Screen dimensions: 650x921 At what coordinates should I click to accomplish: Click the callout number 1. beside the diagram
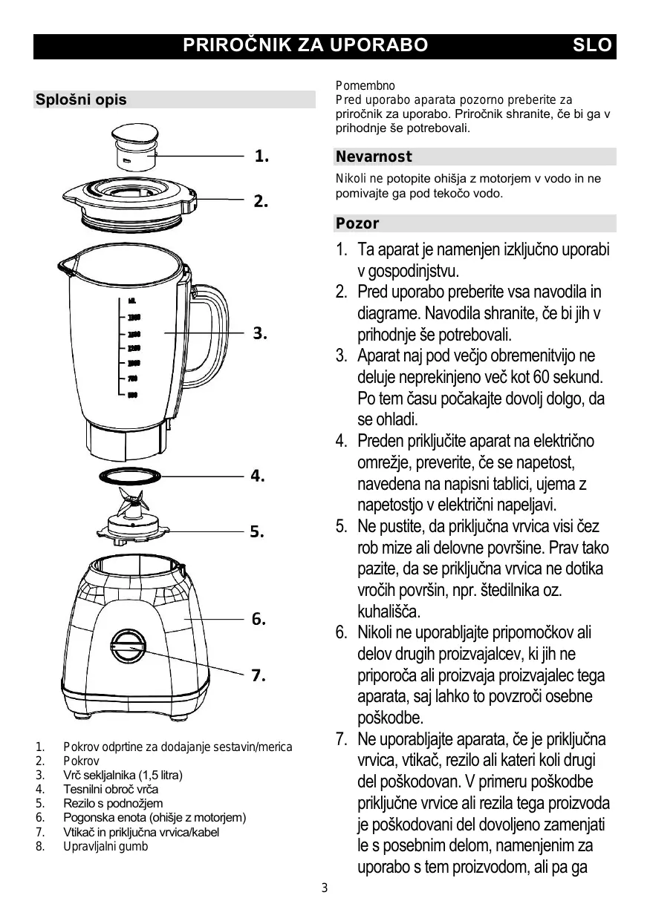(261, 156)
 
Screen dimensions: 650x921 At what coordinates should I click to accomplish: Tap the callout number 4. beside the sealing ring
(258, 476)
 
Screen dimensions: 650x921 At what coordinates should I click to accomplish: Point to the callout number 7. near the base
(258, 675)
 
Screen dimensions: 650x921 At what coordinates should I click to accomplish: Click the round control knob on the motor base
(130, 647)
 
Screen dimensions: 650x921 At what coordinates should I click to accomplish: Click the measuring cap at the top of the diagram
(135, 148)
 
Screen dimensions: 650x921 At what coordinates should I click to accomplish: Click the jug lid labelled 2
(130, 197)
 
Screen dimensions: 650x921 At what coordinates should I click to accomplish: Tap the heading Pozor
(357, 223)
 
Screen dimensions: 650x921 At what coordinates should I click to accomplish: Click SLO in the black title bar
(592, 45)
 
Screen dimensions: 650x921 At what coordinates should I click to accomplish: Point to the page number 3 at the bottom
(324, 888)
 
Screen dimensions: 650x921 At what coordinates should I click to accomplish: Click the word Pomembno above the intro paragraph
(365, 86)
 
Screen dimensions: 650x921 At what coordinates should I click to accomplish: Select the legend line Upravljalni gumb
(105, 846)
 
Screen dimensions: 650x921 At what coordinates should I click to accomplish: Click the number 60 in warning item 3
(545, 377)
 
